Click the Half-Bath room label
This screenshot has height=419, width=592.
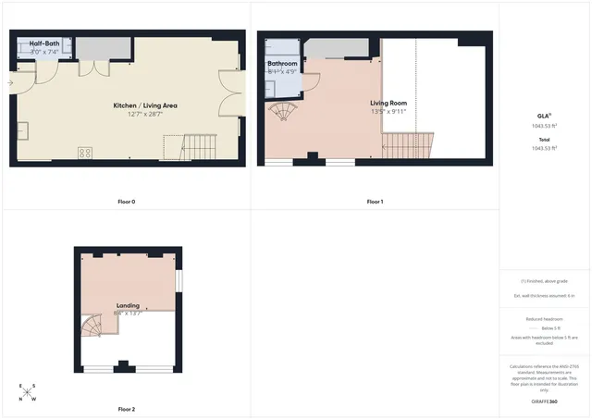click(x=43, y=43)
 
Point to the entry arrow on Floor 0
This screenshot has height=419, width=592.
click(x=10, y=82)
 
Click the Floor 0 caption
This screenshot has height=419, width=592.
click(x=126, y=202)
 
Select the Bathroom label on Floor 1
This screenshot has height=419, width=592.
click(x=282, y=64)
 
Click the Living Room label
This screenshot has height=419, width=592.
click(x=388, y=104)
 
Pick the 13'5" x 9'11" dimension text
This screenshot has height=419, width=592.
click(x=388, y=112)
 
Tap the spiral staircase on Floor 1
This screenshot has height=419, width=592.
click(x=283, y=114)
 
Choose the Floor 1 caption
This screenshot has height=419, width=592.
click(x=375, y=202)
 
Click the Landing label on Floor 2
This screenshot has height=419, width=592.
click(x=128, y=305)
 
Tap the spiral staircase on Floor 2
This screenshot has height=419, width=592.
click(x=92, y=325)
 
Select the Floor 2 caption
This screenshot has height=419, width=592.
click(x=127, y=409)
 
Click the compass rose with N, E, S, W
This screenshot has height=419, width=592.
click(x=28, y=392)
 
